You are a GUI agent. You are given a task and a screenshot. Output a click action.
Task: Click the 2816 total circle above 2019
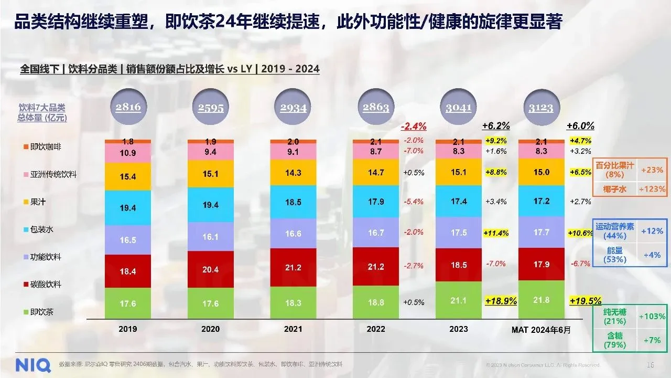[x=128, y=107]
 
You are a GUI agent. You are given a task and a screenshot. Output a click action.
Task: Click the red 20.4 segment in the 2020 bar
[x=211, y=269]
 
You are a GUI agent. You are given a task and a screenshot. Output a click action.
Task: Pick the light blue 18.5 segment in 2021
[x=293, y=202]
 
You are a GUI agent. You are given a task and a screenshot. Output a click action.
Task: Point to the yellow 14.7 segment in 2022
[x=376, y=172]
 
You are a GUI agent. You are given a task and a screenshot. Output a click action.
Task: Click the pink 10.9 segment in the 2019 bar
[x=128, y=153]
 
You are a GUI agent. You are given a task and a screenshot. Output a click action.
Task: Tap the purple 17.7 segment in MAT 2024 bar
[x=542, y=232]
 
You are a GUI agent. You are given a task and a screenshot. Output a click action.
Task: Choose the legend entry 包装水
[x=42, y=229]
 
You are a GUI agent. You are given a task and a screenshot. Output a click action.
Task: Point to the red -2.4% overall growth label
[x=414, y=127]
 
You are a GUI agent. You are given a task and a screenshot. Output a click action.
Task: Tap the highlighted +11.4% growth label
[x=496, y=233]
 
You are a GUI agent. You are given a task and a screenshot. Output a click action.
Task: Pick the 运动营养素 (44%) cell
[x=615, y=231]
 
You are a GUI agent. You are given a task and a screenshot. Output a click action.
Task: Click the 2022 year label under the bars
[x=376, y=329]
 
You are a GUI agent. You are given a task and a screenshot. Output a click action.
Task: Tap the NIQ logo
[x=33, y=364]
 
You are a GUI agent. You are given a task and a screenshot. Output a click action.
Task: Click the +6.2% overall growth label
[x=496, y=126]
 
